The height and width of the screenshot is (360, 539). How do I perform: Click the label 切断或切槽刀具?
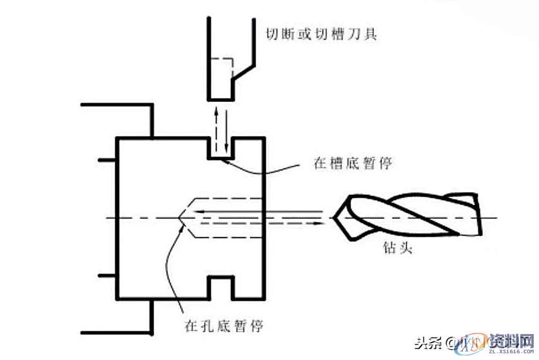point(320,32)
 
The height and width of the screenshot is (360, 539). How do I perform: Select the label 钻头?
point(395,248)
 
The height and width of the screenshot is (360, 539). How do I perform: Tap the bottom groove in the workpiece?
point(219,287)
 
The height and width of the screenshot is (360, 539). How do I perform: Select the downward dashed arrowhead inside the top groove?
point(223,155)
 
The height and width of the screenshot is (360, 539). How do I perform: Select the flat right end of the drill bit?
point(479,218)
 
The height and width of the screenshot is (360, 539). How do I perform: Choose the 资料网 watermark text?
point(509,340)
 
